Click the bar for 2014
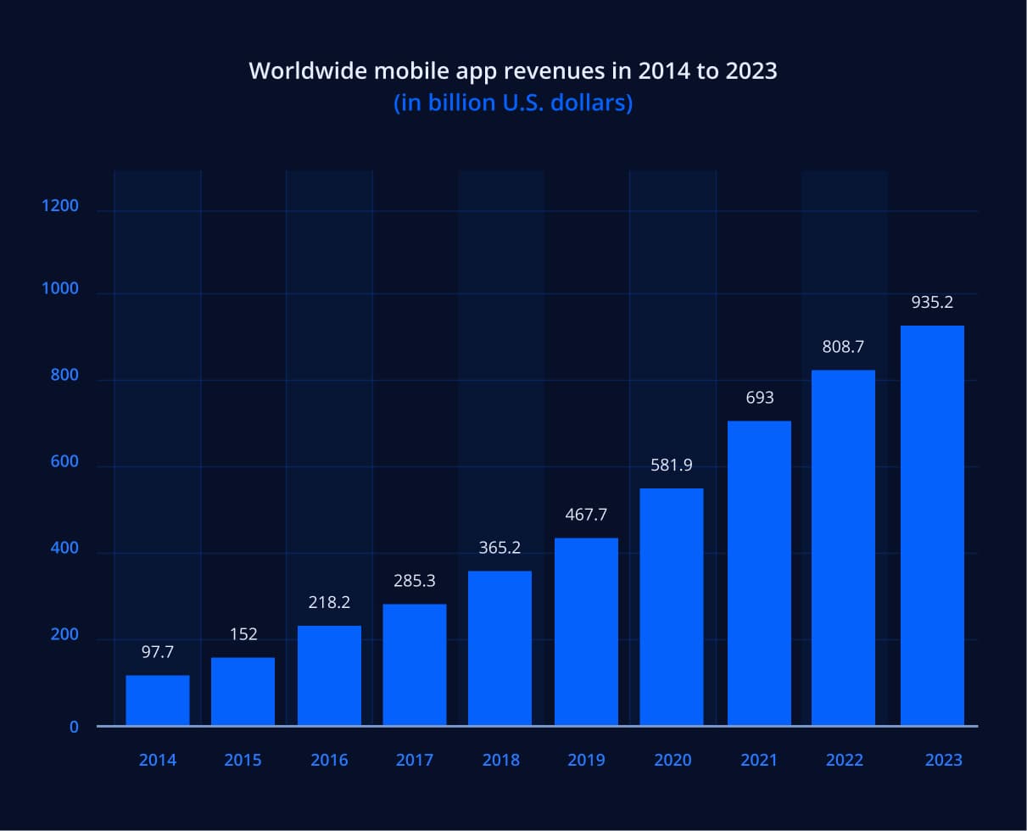[x=158, y=700]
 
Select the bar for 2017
[x=415, y=665]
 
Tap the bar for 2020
[x=671, y=607]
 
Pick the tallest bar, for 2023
[x=932, y=526]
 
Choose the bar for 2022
[x=843, y=548]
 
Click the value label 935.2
[x=932, y=302]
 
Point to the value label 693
[x=760, y=398]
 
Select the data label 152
[x=243, y=634]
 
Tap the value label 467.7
[x=587, y=515]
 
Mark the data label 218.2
[x=329, y=603]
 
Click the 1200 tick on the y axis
[x=60, y=206]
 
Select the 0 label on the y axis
[x=74, y=727]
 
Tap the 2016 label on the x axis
[x=329, y=760]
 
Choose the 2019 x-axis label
[x=587, y=760]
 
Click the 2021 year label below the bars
[x=758, y=760]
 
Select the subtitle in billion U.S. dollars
[x=513, y=103]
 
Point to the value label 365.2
[x=500, y=548]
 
